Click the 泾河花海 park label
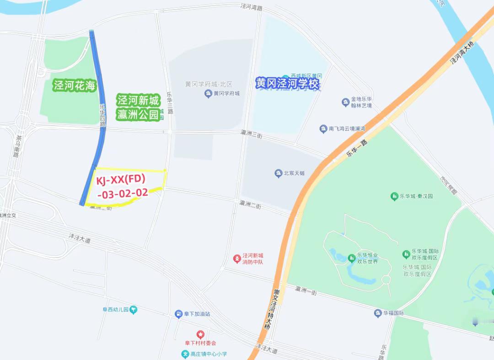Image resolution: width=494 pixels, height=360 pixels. coord(75,86)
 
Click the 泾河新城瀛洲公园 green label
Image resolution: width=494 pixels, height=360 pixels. coord(138,107)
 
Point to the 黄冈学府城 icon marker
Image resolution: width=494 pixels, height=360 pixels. coord(208,94)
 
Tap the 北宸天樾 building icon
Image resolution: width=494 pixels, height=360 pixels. coord(278,173)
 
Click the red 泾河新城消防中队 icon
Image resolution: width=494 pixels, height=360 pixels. coord(237,259)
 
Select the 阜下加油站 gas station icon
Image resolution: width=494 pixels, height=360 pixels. coord(178,314)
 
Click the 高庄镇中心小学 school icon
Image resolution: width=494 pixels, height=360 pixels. coord(185,354)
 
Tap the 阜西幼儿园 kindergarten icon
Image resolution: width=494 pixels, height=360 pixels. coord(133,310)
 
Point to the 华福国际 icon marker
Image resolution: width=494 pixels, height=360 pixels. coord(378,313)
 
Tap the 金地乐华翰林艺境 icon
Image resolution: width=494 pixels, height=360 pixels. coord(345,102)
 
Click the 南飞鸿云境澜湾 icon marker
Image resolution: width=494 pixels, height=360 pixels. coord(323,129)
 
